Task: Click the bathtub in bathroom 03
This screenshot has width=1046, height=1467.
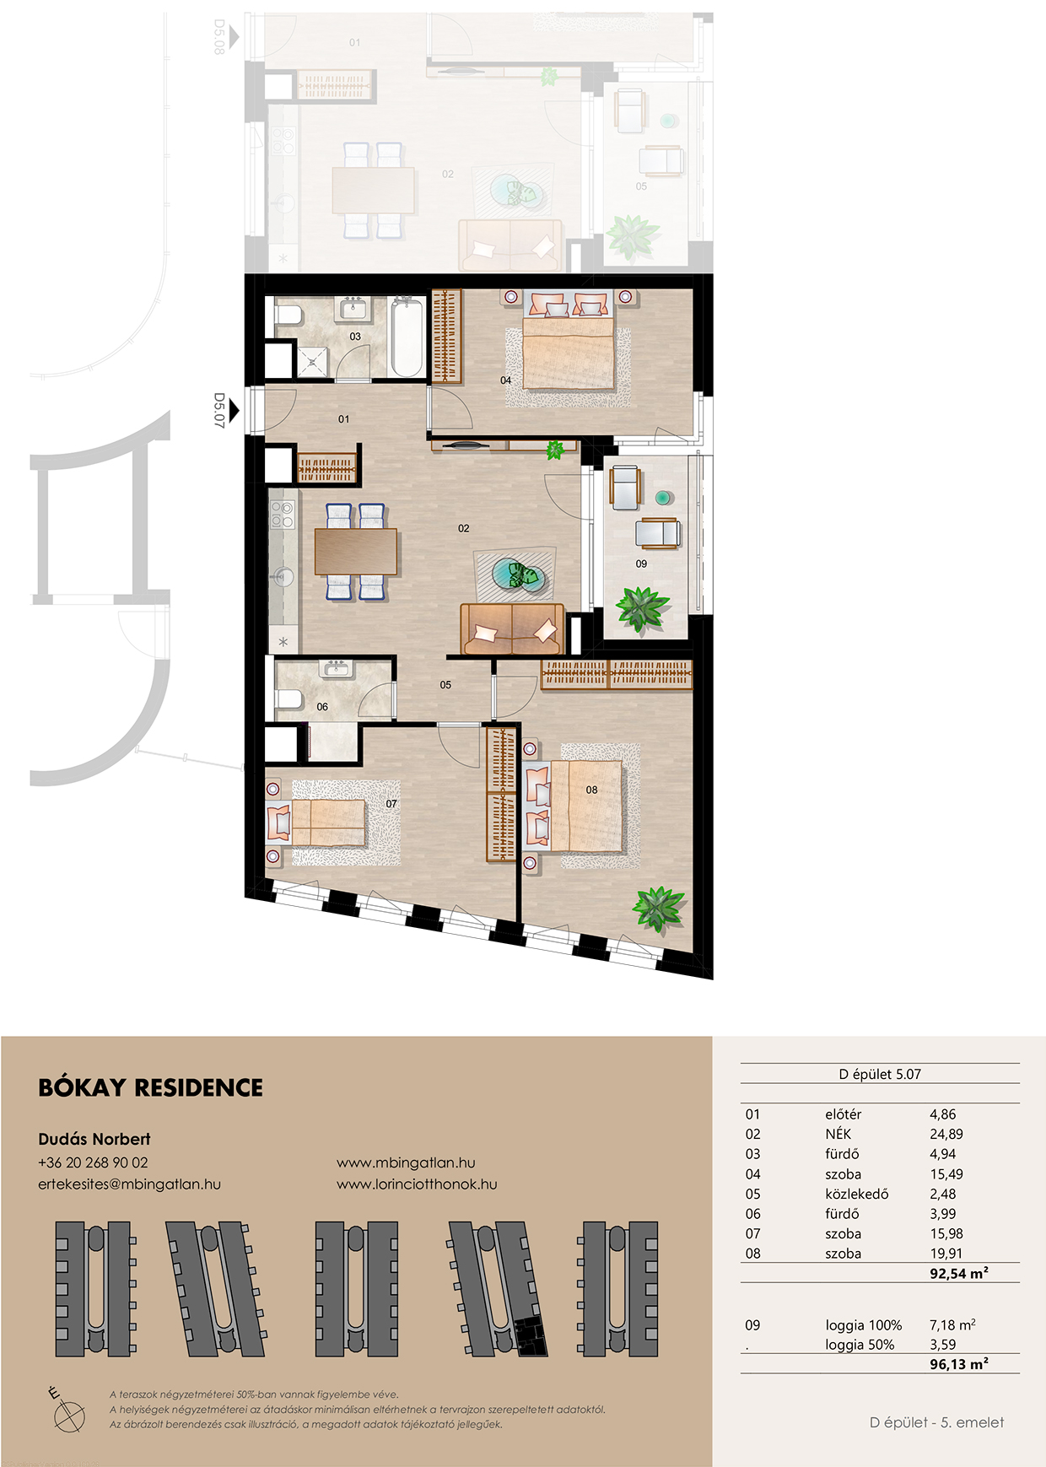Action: pos(408,337)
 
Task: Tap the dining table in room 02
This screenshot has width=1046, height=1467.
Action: pos(356,552)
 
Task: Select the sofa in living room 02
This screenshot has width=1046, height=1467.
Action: pos(512,629)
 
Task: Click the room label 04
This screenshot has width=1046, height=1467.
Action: pos(506,380)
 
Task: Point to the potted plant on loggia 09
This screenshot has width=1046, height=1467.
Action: pos(642,608)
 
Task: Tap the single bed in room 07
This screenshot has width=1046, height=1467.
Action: pos(317,823)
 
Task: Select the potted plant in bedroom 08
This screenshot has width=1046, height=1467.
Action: pos(660,909)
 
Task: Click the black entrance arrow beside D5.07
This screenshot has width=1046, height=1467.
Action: pos(235,411)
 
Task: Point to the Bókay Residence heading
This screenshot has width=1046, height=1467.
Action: pos(151,1087)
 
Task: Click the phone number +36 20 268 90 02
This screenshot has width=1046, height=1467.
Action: pos(93,1162)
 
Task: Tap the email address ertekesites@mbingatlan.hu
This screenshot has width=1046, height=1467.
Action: pos(129,1184)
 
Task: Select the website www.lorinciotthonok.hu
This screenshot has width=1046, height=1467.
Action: pos(417,1184)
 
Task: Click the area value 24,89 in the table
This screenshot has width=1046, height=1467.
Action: pos(946,1135)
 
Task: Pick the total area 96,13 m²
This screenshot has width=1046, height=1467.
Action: pos(959,1364)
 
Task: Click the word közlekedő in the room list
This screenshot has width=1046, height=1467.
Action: pos(857,1195)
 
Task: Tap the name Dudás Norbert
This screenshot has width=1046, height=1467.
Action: pos(94,1139)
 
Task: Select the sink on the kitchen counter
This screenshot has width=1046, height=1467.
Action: pos(283,577)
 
